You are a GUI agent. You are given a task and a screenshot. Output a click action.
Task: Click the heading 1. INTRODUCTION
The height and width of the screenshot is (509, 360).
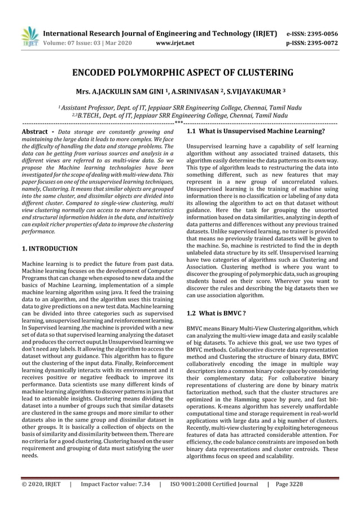[50, 248]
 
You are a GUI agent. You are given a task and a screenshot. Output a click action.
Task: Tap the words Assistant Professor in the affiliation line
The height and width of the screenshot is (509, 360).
[87, 107]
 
